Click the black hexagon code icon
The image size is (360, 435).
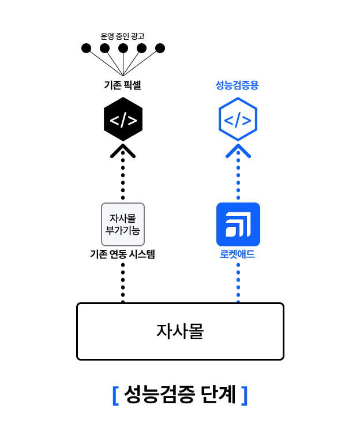[x=123, y=120]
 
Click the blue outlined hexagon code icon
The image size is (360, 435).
[x=238, y=120]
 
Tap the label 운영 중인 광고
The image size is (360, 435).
[x=122, y=36]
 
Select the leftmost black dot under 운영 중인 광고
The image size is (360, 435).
[x=87, y=48]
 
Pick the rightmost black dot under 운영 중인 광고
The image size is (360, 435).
[x=160, y=48]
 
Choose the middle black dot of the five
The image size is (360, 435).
[x=123, y=48]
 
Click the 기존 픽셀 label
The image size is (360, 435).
[x=122, y=85]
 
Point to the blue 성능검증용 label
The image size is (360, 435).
[x=237, y=85]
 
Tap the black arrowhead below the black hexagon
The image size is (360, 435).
[x=123, y=152]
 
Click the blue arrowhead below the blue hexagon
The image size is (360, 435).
[x=238, y=152]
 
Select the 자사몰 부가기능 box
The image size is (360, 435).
[x=123, y=224]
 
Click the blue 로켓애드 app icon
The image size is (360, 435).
[x=238, y=224]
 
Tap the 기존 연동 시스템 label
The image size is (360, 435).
[x=123, y=254]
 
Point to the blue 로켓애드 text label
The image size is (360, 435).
[x=238, y=254]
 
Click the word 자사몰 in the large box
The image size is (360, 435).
[x=180, y=331]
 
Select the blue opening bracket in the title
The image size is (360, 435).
[x=115, y=395]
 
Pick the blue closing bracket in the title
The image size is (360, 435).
[x=245, y=395]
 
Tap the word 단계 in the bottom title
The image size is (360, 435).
[x=219, y=395]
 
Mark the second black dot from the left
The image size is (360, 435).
[x=105, y=48]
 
